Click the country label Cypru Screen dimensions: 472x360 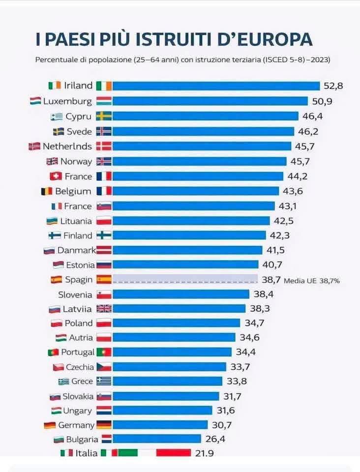point(79,117)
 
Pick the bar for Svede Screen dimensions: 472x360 point(203,131)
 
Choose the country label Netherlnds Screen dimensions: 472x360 point(67,146)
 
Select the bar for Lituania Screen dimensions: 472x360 point(191,221)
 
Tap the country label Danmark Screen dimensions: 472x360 point(76,250)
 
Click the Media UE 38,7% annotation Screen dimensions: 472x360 point(312,280)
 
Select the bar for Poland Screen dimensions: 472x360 point(176,323)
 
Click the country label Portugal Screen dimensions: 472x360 point(78,352)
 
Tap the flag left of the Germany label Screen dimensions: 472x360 point(50,425)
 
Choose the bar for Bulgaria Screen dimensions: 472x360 point(156,439)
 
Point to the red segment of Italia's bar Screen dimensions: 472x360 point(173,453)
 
